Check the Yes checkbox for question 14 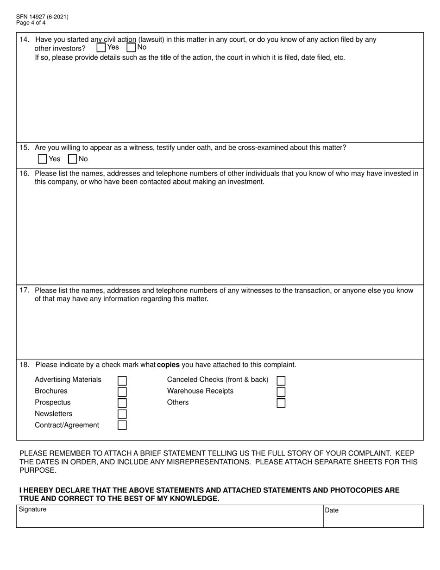tap(101, 47)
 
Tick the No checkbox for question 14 tap(131, 47)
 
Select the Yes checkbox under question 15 tap(42, 159)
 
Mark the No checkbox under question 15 tap(72, 159)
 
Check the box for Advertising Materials tap(122, 380)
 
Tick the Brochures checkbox tap(122, 392)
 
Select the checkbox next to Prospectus tap(122, 403)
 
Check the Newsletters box tap(122, 414)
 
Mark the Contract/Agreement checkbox tap(122, 425)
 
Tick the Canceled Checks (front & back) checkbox tap(281, 380)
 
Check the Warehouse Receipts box tap(281, 392)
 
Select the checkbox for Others tap(281, 403)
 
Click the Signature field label tap(32, 509)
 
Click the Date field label tap(332, 510)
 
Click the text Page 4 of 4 tap(31, 22)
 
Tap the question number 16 tap(25, 173)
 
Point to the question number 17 tap(25, 291)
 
